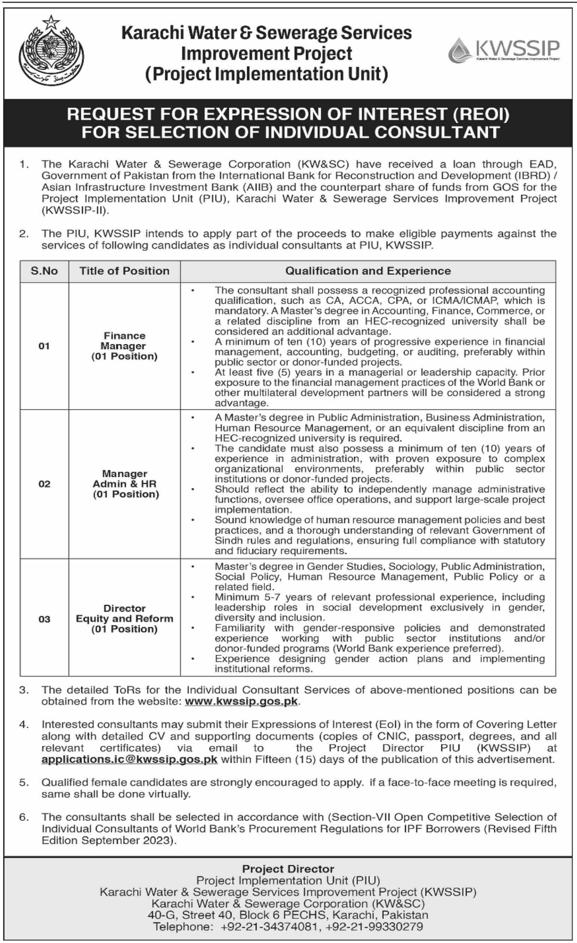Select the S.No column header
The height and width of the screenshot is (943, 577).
pyautogui.click(x=45, y=271)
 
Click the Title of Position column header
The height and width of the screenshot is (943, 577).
pyautogui.click(x=125, y=271)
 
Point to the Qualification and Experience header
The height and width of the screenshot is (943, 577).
pyautogui.click(x=368, y=271)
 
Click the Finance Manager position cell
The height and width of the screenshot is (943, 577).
pyautogui.click(x=125, y=346)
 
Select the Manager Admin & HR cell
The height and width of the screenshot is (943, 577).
pyautogui.click(x=125, y=484)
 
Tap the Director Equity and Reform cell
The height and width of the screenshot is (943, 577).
pyautogui.click(x=125, y=618)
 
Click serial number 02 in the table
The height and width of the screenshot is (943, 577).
pyautogui.click(x=45, y=484)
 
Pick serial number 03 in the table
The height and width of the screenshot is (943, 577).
pyautogui.click(x=45, y=619)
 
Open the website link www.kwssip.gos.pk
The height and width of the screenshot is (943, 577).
pyautogui.click(x=241, y=701)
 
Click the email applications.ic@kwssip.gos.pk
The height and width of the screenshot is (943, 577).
pyautogui.click(x=129, y=759)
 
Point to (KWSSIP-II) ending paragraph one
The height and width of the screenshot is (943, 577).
pyautogui.click(x=76, y=210)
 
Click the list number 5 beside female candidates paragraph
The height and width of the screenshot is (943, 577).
pyautogui.click(x=24, y=783)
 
